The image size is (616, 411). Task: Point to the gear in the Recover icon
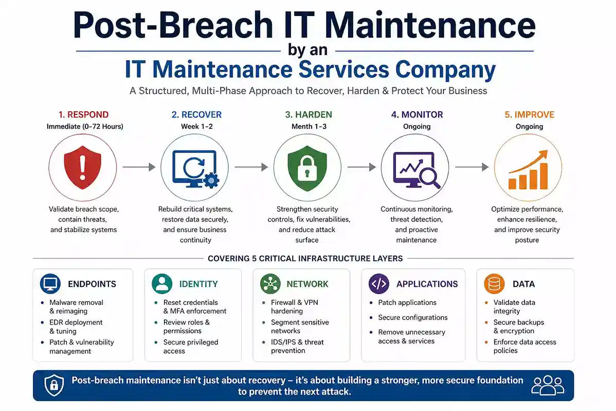211,180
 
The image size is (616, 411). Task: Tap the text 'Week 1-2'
195,126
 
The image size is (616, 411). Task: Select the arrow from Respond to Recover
139,167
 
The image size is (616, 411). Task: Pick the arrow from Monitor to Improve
472,167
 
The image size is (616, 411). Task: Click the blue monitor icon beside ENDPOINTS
50,284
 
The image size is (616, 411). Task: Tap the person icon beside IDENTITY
162,284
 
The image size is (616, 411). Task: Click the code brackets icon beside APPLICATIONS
379,284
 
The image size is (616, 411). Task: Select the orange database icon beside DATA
494,284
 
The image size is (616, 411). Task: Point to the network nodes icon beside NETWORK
269,284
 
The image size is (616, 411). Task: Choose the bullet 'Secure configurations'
412,317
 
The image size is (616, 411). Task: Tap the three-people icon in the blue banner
548,385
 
